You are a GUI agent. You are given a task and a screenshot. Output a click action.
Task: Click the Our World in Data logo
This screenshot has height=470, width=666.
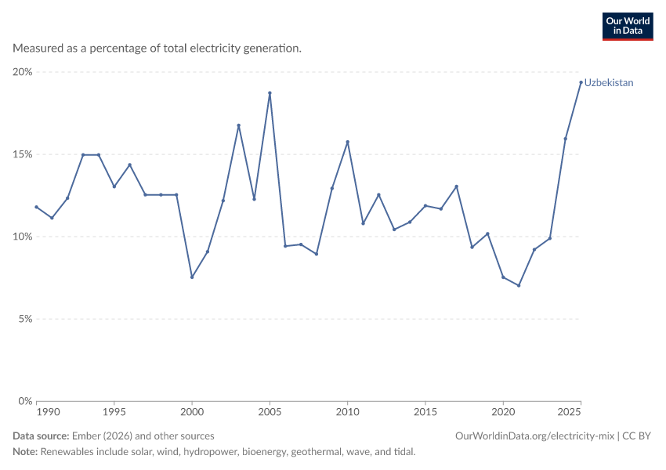628,27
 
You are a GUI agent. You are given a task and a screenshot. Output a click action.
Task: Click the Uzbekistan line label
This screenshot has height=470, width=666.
609,83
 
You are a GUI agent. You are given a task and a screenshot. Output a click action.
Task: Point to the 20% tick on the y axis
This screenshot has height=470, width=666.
23,72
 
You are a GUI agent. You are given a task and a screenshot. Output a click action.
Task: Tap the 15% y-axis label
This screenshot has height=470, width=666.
23,154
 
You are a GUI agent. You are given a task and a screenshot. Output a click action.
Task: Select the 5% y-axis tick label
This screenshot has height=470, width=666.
26,319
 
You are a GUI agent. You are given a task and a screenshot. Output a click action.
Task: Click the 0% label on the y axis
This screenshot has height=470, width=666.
26,401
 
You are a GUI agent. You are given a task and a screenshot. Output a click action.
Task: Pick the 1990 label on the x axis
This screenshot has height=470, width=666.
48,412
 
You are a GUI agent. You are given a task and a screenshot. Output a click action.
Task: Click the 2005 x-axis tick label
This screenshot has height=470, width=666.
270,412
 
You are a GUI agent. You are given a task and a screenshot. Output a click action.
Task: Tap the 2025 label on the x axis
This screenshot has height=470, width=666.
569,412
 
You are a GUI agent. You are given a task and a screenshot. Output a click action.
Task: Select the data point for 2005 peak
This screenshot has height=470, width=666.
270,93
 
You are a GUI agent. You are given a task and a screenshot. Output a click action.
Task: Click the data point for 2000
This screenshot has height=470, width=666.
192,277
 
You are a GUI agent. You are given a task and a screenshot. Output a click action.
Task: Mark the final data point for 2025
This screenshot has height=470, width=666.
581,82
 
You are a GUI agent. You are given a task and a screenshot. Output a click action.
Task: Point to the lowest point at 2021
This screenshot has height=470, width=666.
519,285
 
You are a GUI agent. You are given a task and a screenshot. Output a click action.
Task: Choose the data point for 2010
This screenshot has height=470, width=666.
347,142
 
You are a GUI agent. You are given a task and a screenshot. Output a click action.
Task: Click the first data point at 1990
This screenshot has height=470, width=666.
37,207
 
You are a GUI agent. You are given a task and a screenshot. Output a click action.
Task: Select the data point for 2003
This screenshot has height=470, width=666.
239,125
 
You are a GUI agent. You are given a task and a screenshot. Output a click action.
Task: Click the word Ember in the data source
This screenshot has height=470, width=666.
86,436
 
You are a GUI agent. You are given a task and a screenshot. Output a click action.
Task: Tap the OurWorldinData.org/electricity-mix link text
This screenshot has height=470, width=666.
534,436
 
